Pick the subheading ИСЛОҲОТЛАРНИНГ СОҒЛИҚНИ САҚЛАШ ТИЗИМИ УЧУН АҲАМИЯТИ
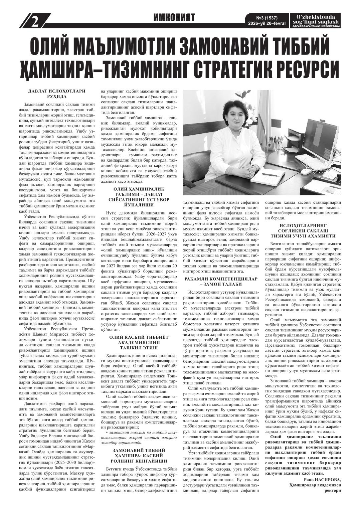point(303,230)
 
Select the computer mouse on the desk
point(306,172)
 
